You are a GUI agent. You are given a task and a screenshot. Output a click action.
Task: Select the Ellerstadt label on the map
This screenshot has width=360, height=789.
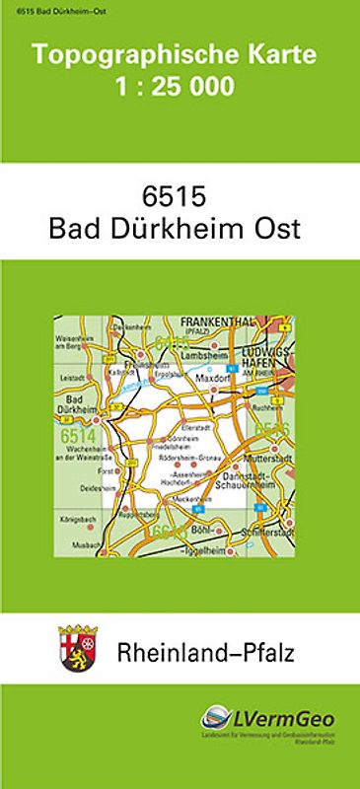coord(197,426)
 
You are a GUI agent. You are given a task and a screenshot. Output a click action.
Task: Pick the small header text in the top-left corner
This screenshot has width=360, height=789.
coord(41,8)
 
